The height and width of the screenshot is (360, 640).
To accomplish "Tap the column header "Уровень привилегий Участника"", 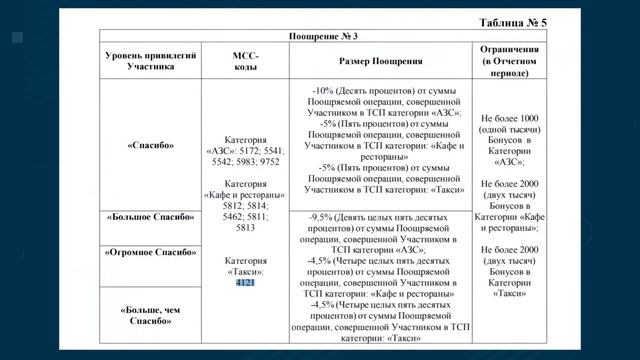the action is pos(150,60).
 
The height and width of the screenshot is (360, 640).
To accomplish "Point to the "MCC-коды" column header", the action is pos(244,60).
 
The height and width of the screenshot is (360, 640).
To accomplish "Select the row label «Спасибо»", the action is pos(150,145).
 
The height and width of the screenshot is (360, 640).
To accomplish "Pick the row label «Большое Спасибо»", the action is pos(150,216).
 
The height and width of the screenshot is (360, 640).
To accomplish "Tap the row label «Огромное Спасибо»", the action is pos(150,253).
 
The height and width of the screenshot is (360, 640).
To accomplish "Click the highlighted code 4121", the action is pos(245,283).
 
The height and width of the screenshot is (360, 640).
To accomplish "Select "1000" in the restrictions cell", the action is pos(527,118).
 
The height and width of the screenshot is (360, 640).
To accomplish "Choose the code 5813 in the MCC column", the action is pos(245,228).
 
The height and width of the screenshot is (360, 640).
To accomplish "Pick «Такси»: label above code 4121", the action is pos(244,271).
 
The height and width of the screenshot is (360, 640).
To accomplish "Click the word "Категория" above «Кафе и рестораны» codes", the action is pos(245,184).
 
